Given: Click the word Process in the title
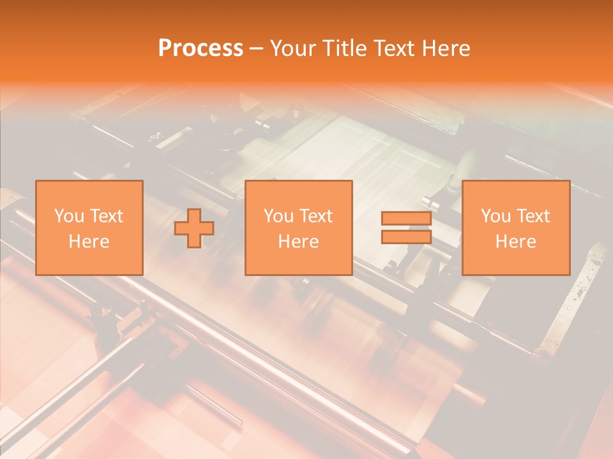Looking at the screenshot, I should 201,48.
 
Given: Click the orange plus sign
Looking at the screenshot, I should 194,228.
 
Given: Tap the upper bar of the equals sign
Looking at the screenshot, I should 406,219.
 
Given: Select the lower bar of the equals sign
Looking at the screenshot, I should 406,237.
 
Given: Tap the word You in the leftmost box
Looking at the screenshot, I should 68,216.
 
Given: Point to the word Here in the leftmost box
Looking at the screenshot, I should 89,242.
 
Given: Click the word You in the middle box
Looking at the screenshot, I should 278,216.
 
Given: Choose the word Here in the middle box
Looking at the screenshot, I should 298,242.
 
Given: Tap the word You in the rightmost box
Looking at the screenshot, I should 495,216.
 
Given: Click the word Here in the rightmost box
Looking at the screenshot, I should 515,242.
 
